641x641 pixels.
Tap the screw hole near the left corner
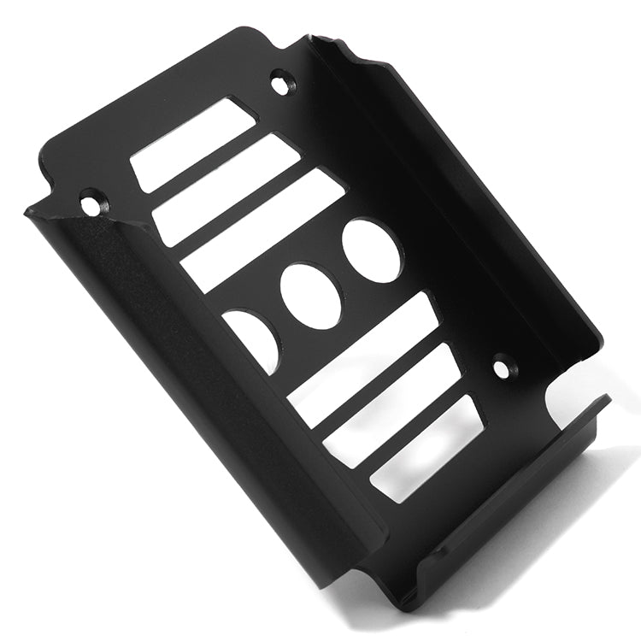(91, 203)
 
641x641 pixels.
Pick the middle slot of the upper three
(226, 187)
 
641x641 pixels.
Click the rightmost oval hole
(372, 250)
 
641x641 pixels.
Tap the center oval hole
(310, 295)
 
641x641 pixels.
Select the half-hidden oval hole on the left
(254, 337)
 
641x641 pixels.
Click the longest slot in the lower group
(360, 360)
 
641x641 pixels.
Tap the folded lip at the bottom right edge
(513, 504)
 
